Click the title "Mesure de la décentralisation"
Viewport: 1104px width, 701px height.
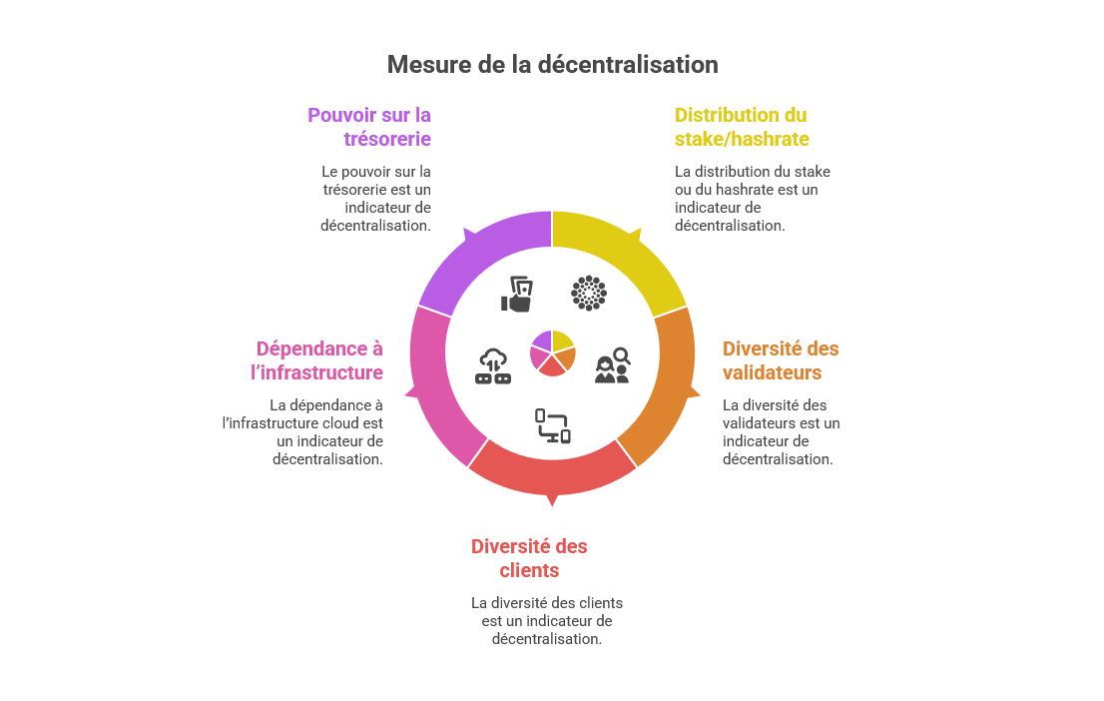pyautogui.click(x=552, y=65)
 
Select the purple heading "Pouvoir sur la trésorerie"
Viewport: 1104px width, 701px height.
pyautogui.click(x=369, y=127)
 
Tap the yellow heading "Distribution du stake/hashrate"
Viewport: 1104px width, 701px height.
pyautogui.click(x=741, y=127)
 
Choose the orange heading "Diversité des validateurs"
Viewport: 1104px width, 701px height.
pyautogui.click(x=781, y=360)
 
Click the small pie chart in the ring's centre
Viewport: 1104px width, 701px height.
pyautogui.click(x=552, y=352)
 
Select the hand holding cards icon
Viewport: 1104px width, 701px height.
pyautogui.click(x=517, y=295)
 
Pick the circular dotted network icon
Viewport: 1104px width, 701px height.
pyautogui.click(x=588, y=293)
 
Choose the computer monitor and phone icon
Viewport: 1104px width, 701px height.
pyautogui.click(x=553, y=425)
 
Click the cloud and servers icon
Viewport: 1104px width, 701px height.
pyautogui.click(x=493, y=366)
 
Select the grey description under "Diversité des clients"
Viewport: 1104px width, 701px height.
pyautogui.click(x=547, y=621)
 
